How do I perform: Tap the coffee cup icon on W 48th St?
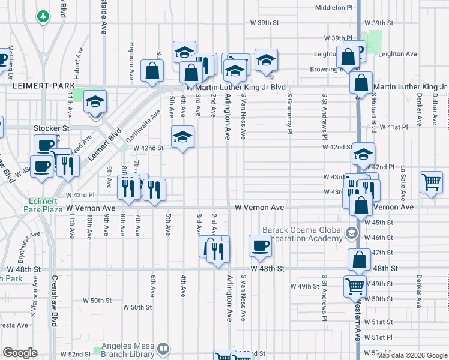coord(260,245)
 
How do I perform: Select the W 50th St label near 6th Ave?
coord(137,307)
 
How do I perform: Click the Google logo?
coord(20,353)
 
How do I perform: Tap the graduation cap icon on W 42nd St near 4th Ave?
coord(183,137)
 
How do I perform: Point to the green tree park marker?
coord(43,17)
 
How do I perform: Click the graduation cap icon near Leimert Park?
coord(95,101)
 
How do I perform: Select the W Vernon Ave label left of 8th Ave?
coord(90,208)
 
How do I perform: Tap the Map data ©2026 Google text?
coord(411,355)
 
